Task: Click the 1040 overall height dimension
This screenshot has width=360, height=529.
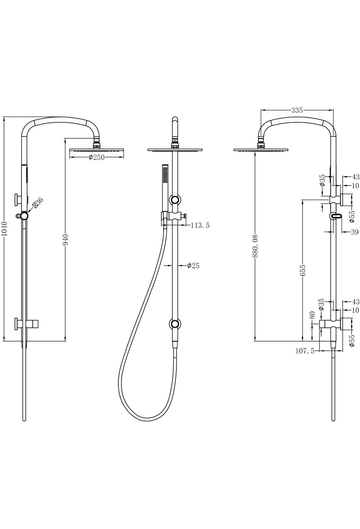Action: click(x=5, y=228)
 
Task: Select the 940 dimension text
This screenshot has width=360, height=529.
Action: click(x=66, y=239)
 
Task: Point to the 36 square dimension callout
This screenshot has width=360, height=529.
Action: click(x=38, y=202)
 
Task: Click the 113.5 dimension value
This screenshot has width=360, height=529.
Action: click(x=200, y=225)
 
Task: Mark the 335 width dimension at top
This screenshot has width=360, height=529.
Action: click(x=297, y=110)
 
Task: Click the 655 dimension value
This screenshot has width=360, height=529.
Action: click(x=303, y=270)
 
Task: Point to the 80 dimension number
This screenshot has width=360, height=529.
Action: click(x=312, y=315)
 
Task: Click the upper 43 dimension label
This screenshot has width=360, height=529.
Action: click(x=355, y=177)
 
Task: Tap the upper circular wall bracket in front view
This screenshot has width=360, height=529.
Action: click(x=175, y=200)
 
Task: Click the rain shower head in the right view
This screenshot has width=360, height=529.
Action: click(x=261, y=150)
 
